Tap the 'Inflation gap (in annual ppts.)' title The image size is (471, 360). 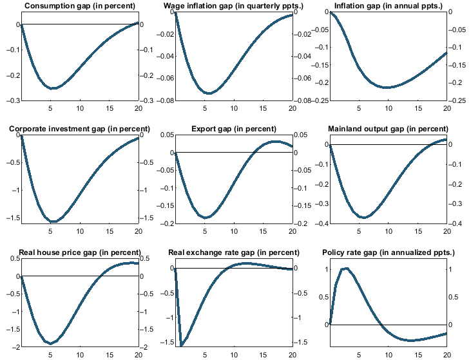tap(387, 6)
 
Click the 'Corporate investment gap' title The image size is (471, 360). tap(79, 129)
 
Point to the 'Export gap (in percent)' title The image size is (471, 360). tap(233, 129)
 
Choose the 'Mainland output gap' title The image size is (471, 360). tap(388, 129)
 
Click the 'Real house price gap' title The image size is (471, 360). tap(80, 251)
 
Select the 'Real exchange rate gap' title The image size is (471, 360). tap(233, 251)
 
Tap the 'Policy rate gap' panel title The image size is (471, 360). tap(388, 251)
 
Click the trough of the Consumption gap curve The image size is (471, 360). tap(52, 88)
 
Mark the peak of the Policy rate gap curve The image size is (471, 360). tap(347, 268)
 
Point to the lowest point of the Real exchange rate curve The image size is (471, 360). tap(182, 345)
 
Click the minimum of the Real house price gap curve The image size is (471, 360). tap(50, 343)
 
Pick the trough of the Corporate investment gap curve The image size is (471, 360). tap(53, 222)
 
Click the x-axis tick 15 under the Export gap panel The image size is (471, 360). tap(263, 231)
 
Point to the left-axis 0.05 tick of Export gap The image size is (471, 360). tap(166, 135)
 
